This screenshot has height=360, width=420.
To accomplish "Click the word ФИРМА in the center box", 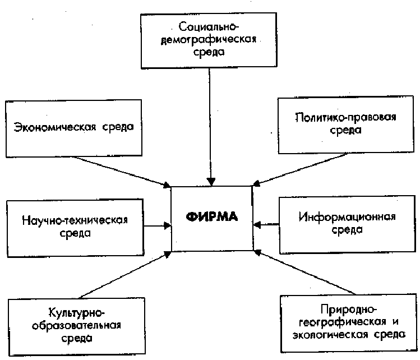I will (212, 216).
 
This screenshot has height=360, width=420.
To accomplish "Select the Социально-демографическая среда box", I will (210, 39).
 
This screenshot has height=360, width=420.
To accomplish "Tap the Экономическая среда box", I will (72, 128).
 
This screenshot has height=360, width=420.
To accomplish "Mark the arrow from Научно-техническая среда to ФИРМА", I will (157, 225).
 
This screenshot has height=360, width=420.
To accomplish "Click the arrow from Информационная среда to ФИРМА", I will (266, 224).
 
